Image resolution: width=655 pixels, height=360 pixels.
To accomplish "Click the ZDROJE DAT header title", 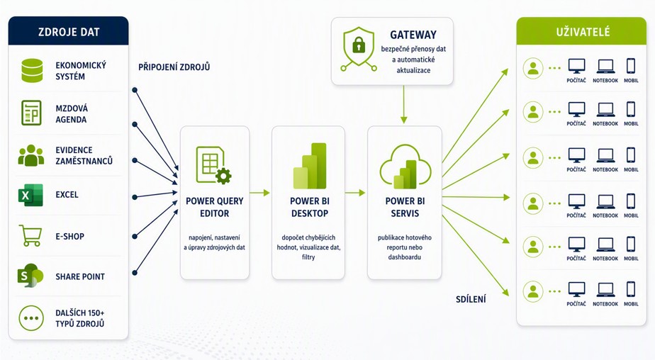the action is point(69,32).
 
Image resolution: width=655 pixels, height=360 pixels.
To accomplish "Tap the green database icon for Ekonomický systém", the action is point(32,71).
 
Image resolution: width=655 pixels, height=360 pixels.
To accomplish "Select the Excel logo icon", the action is point(30,195).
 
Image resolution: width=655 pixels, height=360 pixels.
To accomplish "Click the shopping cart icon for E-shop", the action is point(30,235).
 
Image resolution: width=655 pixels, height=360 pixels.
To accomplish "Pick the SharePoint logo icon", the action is point(30,275).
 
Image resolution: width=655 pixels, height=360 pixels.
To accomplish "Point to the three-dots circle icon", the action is point(31,317).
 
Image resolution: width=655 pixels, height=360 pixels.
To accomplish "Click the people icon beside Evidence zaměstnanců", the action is point(31,155).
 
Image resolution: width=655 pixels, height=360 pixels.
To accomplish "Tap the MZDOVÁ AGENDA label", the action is point(72,114).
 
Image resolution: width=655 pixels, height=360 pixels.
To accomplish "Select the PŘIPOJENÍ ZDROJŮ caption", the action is point(174,67).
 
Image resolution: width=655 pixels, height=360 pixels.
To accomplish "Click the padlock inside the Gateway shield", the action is point(359,45).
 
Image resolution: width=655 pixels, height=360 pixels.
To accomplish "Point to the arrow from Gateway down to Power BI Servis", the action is point(403,104).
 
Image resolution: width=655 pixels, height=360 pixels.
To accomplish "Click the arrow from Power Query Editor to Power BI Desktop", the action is point(260,193).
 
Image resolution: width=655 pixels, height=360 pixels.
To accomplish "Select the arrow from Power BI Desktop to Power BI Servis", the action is point(355,193).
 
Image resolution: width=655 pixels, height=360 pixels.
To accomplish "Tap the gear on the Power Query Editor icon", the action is point(223,176).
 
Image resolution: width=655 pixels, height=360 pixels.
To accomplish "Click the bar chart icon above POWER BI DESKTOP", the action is point(310,166).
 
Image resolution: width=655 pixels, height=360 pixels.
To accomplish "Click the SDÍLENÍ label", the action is point(471,299).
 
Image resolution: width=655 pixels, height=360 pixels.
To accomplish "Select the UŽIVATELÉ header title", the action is point(583,32).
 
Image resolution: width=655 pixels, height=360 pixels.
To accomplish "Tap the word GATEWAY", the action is point(413,35).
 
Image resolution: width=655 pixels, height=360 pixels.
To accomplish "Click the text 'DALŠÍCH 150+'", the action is point(80,313).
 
